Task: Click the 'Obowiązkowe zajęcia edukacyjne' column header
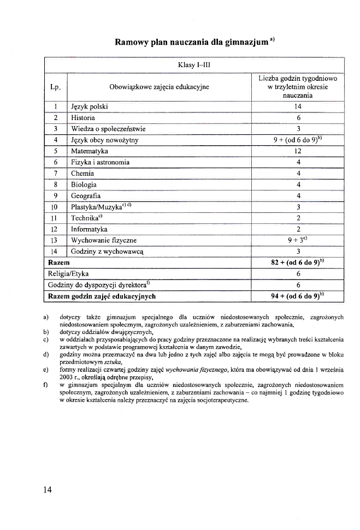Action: coord(159,86)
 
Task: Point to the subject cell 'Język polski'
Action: coord(90,106)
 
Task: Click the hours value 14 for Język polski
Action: coord(298,106)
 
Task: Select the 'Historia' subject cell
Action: coord(83,117)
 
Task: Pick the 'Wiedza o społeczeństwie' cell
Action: coord(108,129)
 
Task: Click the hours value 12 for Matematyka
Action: coord(298,151)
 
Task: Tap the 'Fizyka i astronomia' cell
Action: coord(101,162)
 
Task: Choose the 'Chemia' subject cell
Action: coord(82,174)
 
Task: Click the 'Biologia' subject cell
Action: coord(84,184)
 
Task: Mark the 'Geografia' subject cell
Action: coord(86,196)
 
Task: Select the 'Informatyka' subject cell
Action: coord(89,229)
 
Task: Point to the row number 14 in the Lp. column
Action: coord(54,252)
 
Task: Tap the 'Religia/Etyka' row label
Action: coord(68,274)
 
